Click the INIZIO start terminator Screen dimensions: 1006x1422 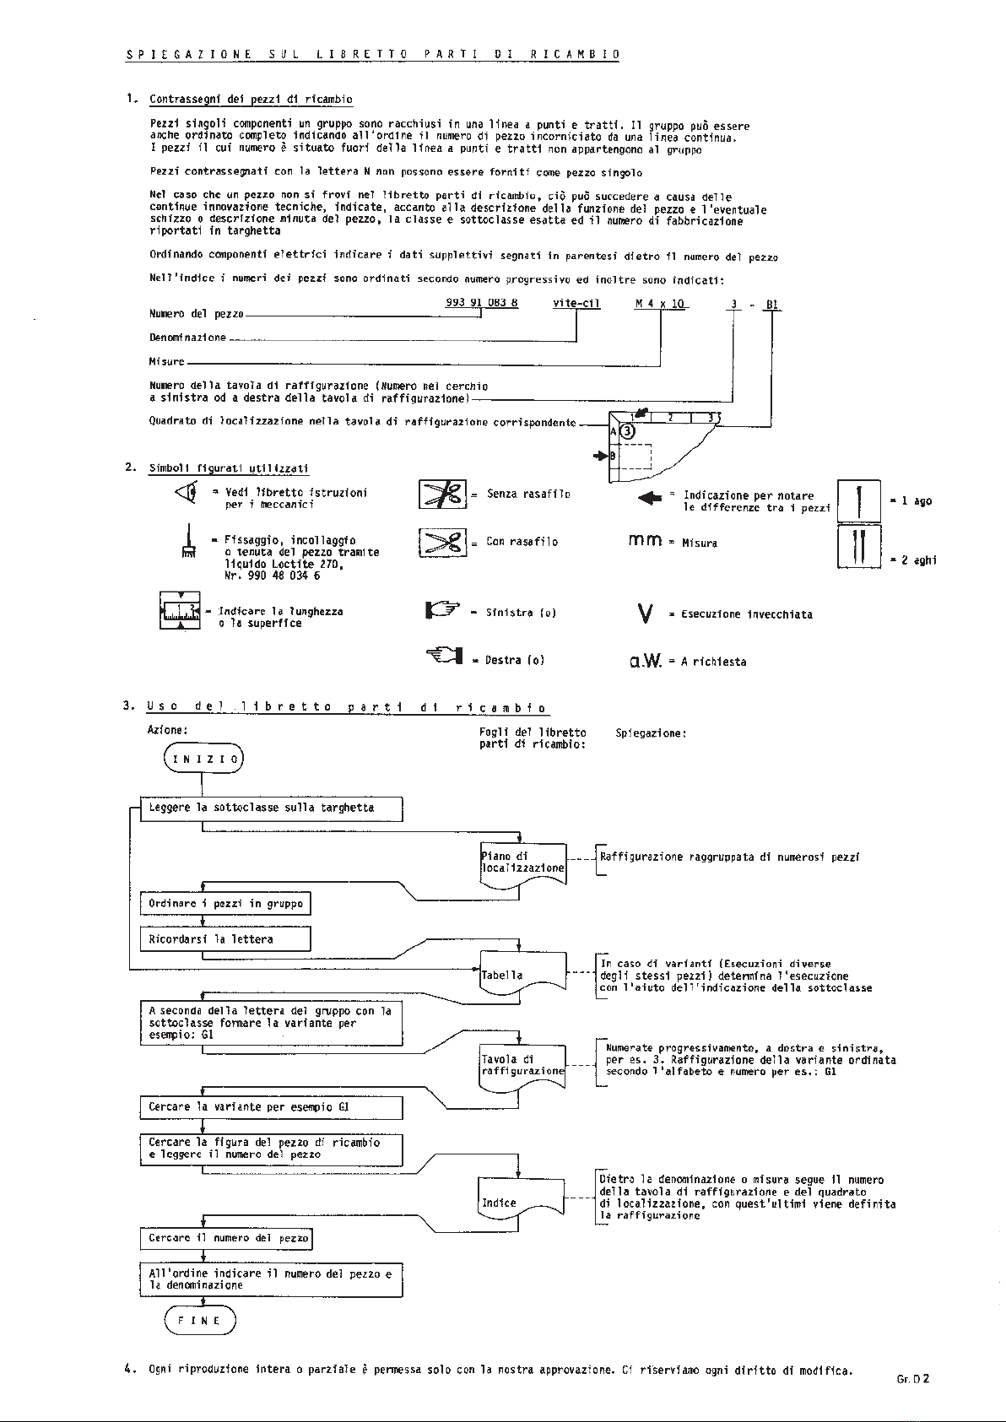click(x=203, y=759)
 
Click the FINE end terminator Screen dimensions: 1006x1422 click(x=200, y=1320)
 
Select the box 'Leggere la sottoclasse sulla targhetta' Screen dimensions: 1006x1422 click(x=271, y=808)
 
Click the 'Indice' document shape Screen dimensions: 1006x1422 click(x=521, y=1200)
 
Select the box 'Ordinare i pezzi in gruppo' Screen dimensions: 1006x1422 click(x=225, y=903)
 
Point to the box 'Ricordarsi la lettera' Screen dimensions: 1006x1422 click(x=225, y=939)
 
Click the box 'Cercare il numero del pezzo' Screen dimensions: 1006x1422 click(x=226, y=1238)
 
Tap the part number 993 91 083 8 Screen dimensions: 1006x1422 click(x=482, y=303)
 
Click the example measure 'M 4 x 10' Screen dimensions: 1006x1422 click(x=660, y=304)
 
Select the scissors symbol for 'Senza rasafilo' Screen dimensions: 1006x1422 click(x=442, y=494)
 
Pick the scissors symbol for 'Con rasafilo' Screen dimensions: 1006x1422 click(x=442, y=543)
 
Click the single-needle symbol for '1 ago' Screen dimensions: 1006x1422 click(x=859, y=501)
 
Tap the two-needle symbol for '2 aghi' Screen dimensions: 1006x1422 click(x=859, y=546)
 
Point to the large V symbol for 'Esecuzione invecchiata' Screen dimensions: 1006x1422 click(x=645, y=614)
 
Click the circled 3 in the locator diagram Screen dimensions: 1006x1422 click(x=627, y=432)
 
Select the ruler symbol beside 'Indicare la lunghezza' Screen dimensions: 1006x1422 click(x=181, y=610)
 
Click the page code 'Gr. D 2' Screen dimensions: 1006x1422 click(x=913, y=1379)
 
